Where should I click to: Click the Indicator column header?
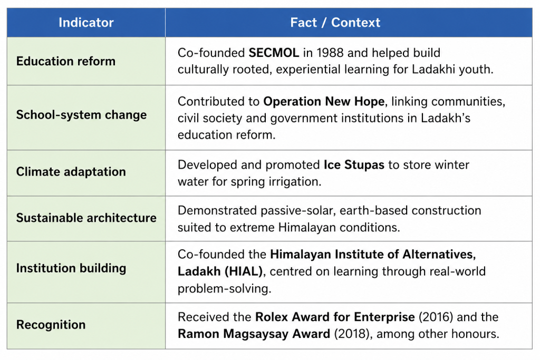point(86,23)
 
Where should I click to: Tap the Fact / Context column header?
point(335,23)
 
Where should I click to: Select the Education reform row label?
point(66,61)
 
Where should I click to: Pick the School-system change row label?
point(81,115)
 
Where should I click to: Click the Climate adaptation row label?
point(71,172)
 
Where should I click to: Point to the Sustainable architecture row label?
point(86,218)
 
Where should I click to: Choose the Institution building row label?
point(71,268)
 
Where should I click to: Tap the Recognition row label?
point(51,325)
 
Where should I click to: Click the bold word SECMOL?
point(274,53)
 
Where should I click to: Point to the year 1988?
point(330,53)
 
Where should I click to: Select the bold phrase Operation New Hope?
point(324,102)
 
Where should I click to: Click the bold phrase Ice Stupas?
point(354,165)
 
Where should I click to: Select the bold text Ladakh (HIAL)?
point(220,271)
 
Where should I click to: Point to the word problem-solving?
point(224,289)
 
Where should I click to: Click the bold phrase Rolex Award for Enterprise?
point(335,317)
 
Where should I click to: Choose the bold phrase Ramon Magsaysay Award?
point(254,334)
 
